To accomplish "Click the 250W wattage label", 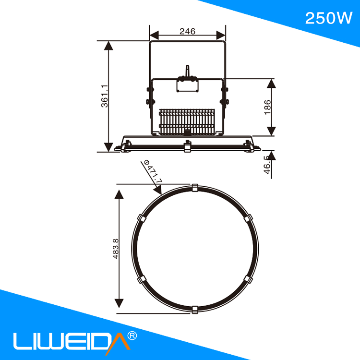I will point(329,18).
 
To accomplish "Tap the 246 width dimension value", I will point(187,31).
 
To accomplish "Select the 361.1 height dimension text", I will point(104,96).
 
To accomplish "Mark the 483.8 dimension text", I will point(115,249).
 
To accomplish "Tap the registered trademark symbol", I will point(132,335).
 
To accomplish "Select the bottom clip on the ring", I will point(194,310).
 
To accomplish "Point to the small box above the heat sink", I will point(187,85).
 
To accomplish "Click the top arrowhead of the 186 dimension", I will point(272,84).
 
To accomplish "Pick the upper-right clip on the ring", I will point(247,218).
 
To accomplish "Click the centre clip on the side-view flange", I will point(187,146).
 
